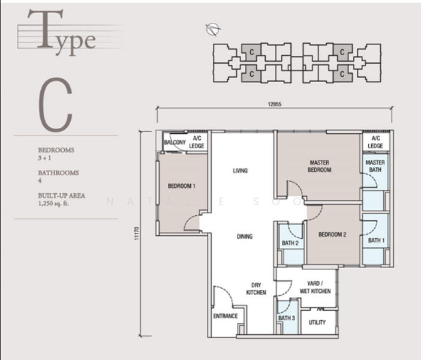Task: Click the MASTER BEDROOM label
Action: (320, 166)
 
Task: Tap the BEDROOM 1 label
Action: (182, 186)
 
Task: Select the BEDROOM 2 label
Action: (332, 235)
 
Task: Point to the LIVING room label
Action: (240, 170)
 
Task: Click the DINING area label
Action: (245, 236)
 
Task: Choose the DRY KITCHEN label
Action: (256, 289)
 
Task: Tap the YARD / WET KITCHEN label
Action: (315, 287)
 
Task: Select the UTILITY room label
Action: (317, 322)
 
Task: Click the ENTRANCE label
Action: (225, 316)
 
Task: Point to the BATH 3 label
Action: (287, 318)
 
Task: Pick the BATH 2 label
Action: (290, 243)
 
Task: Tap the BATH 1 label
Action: (376, 241)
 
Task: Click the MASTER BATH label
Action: (375, 166)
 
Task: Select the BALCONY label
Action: (175, 142)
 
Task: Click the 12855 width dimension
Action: (275, 104)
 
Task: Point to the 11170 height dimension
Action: (137, 233)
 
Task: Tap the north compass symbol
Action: (213, 29)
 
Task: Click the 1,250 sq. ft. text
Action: (53, 203)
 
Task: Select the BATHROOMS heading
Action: (59, 173)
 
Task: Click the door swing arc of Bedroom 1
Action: (189, 220)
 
